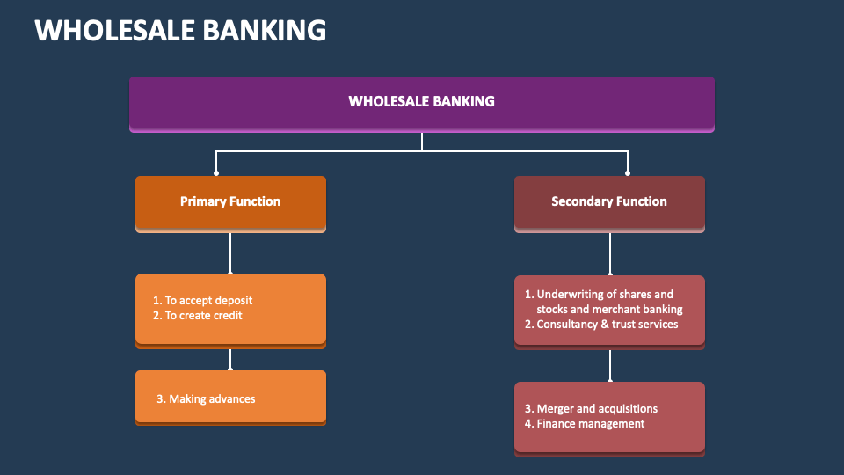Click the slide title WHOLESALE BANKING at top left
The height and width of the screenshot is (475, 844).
point(180,30)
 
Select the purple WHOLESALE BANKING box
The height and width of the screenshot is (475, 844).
point(421,102)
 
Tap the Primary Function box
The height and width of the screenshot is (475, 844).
point(230,201)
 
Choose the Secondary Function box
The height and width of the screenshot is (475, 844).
point(608,201)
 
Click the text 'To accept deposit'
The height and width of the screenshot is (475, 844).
point(208,301)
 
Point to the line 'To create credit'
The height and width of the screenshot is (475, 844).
point(203,315)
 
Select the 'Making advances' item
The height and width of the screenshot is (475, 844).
point(212,399)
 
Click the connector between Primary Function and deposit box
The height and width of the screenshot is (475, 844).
point(230,253)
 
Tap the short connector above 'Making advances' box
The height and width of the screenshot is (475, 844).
point(230,358)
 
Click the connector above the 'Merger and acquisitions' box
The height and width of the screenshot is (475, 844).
point(609,366)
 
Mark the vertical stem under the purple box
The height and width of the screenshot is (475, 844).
point(422,142)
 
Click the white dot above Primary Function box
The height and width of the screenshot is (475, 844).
point(216,173)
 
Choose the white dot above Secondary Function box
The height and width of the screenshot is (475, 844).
point(628,173)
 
